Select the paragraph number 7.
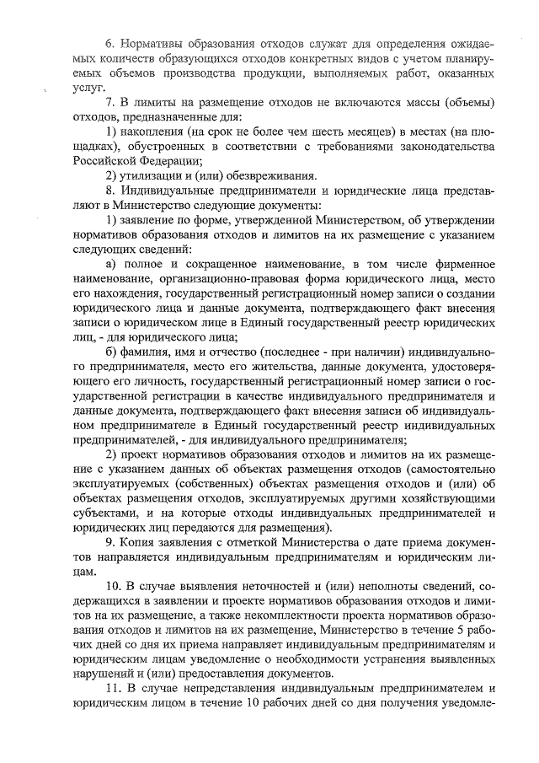click(108, 102)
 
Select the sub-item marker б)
click(109, 352)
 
